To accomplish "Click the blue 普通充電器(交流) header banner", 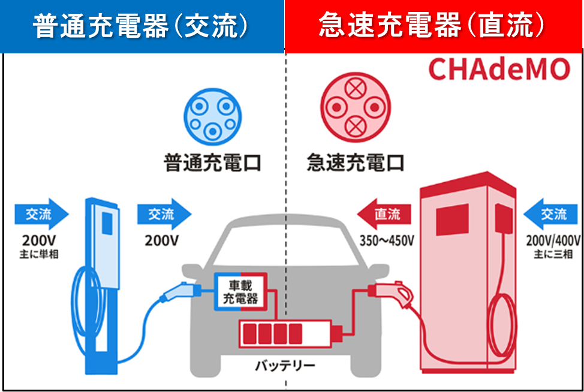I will pyautogui.click(x=142, y=26).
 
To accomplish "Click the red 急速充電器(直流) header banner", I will pyautogui.click(x=434, y=26).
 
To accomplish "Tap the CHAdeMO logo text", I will pyautogui.click(x=499, y=70).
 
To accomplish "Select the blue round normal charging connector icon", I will pyautogui.click(x=211, y=116).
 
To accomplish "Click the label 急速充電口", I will pyautogui.click(x=356, y=163).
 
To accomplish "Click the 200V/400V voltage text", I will pyautogui.click(x=553, y=240).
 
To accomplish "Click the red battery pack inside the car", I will pyautogui.click(x=287, y=333).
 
